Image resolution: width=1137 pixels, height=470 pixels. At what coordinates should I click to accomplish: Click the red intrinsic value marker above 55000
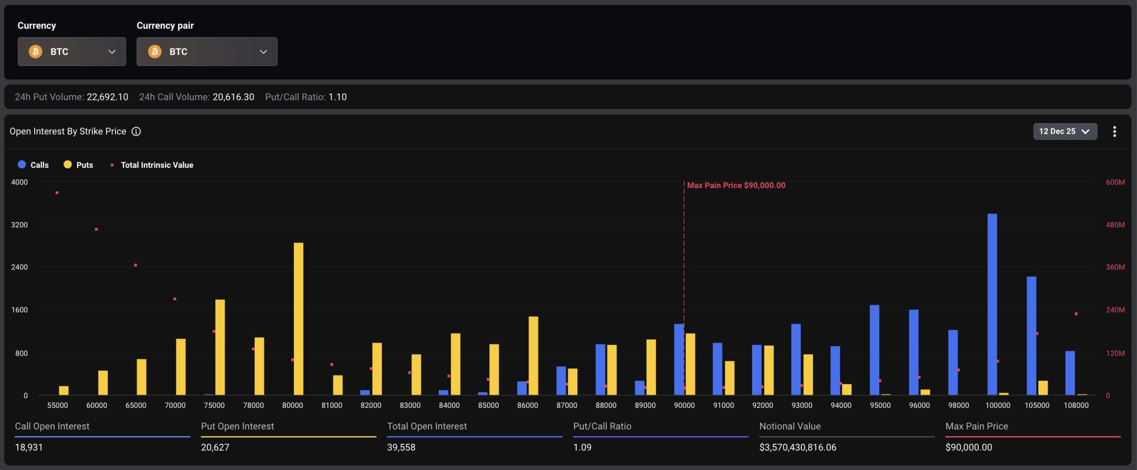pyautogui.click(x=57, y=193)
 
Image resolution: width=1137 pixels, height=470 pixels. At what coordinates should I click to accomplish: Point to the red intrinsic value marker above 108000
pyautogui.click(x=1076, y=314)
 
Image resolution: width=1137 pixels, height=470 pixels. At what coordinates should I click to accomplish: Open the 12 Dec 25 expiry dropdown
pyautogui.click(x=1065, y=131)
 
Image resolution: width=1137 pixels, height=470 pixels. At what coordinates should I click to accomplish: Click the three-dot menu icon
pyautogui.click(x=1114, y=131)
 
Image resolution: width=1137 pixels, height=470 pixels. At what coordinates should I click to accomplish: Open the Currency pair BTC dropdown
pyautogui.click(x=207, y=51)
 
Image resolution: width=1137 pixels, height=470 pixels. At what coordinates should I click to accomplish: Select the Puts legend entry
pyautogui.click(x=79, y=165)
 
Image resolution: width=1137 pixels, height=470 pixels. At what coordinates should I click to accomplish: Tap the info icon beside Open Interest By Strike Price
pyautogui.click(x=136, y=131)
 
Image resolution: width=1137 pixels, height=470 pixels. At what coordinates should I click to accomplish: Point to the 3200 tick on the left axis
pyautogui.click(x=19, y=225)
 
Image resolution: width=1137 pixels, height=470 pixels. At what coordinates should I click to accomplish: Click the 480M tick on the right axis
pyautogui.click(x=1115, y=225)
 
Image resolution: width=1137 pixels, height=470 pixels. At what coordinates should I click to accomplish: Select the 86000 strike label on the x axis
pyautogui.click(x=527, y=405)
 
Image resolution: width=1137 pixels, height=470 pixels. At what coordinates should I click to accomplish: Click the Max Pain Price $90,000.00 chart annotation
pyautogui.click(x=735, y=185)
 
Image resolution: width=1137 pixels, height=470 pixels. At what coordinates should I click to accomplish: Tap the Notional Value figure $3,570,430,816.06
pyautogui.click(x=797, y=447)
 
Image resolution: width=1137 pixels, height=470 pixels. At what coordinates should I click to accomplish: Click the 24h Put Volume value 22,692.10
pyautogui.click(x=107, y=97)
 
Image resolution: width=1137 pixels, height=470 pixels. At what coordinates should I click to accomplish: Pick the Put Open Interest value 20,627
pyautogui.click(x=215, y=447)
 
